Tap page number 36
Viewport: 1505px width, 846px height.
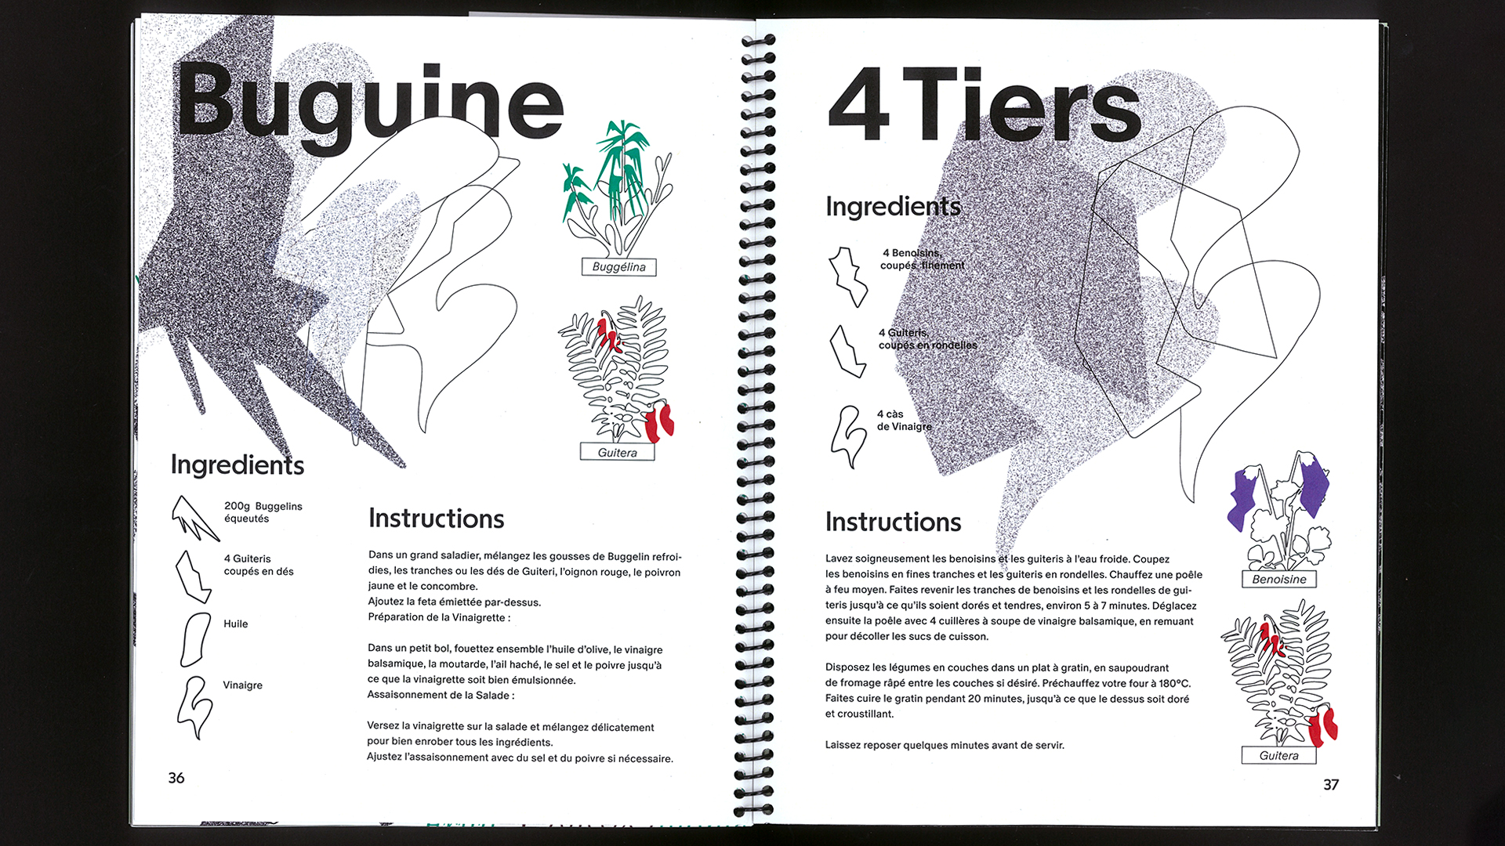(x=176, y=778)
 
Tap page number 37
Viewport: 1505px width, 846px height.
(x=1331, y=784)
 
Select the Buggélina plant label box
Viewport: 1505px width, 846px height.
(x=618, y=267)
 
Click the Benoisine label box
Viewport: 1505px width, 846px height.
(x=1278, y=580)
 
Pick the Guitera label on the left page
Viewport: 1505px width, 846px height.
(x=617, y=452)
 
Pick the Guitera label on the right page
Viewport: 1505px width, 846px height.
(x=1278, y=755)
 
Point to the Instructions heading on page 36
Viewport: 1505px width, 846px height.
(x=436, y=519)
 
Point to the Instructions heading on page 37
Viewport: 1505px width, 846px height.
(x=893, y=522)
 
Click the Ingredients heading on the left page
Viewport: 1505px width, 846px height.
(x=237, y=465)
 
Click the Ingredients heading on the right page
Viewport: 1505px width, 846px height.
(x=893, y=206)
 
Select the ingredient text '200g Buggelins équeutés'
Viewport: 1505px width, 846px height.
(x=263, y=512)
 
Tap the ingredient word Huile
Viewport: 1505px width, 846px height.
(x=235, y=624)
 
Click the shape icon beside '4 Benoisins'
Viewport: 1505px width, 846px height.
(x=848, y=277)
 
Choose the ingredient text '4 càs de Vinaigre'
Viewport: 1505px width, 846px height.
(x=904, y=421)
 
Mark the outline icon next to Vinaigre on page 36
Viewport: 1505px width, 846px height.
(x=194, y=707)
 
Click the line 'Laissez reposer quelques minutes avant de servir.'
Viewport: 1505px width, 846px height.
(x=945, y=745)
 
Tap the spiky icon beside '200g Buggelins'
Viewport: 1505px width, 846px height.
(x=194, y=518)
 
